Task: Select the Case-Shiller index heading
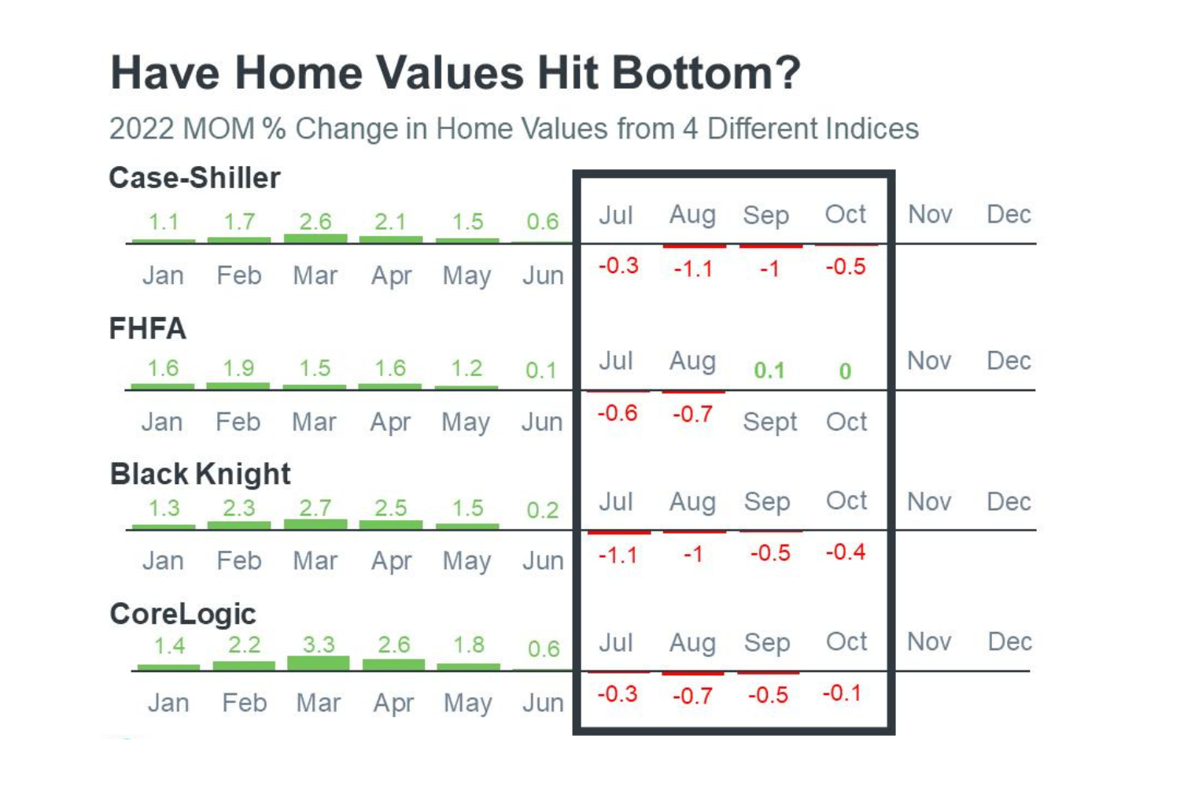point(194,178)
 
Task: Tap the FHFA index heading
point(148,328)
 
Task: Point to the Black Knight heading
point(200,474)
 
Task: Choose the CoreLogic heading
point(183,614)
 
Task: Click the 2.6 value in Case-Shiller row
point(315,221)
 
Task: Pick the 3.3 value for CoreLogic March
point(319,645)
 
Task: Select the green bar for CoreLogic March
point(318,663)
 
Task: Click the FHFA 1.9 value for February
point(238,368)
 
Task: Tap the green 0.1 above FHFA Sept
point(769,371)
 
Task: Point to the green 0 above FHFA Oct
point(845,371)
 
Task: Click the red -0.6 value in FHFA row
point(618,412)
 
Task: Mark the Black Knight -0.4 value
point(846,552)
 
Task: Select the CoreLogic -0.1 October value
point(842,693)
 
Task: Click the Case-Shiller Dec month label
point(1009,214)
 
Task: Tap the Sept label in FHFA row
point(769,423)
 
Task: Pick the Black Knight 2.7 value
point(315,508)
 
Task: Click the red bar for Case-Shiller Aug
point(695,246)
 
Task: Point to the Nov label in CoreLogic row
point(929,641)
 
